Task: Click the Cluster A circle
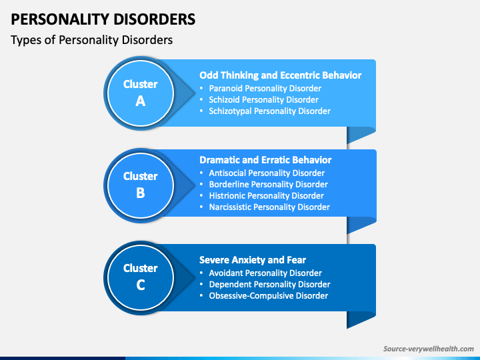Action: click(x=141, y=93)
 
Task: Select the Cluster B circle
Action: click(x=141, y=185)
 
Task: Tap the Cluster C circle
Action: click(x=141, y=277)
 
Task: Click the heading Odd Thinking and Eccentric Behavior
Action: click(x=281, y=75)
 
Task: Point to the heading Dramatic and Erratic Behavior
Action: click(x=265, y=160)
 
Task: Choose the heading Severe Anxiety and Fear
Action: click(x=253, y=260)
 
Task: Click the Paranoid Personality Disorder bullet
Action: click(x=265, y=89)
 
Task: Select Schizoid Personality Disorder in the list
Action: click(x=263, y=100)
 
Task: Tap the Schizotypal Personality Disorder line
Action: click(x=270, y=111)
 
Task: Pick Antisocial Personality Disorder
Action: click(x=267, y=173)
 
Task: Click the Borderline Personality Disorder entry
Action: click(x=269, y=184)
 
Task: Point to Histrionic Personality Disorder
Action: click(x=266, y=195)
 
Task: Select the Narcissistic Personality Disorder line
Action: click(x=269, y=207)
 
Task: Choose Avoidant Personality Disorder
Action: click(x=265, y=273)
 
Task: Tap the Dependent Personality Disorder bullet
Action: click(x=270, y=285)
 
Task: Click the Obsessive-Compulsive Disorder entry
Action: click(x=269, y=296)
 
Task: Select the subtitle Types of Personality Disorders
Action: click(x=91, y=40)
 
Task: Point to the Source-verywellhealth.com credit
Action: click(x=429, y=349)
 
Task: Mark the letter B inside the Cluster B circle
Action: click(x=141, y=193)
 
